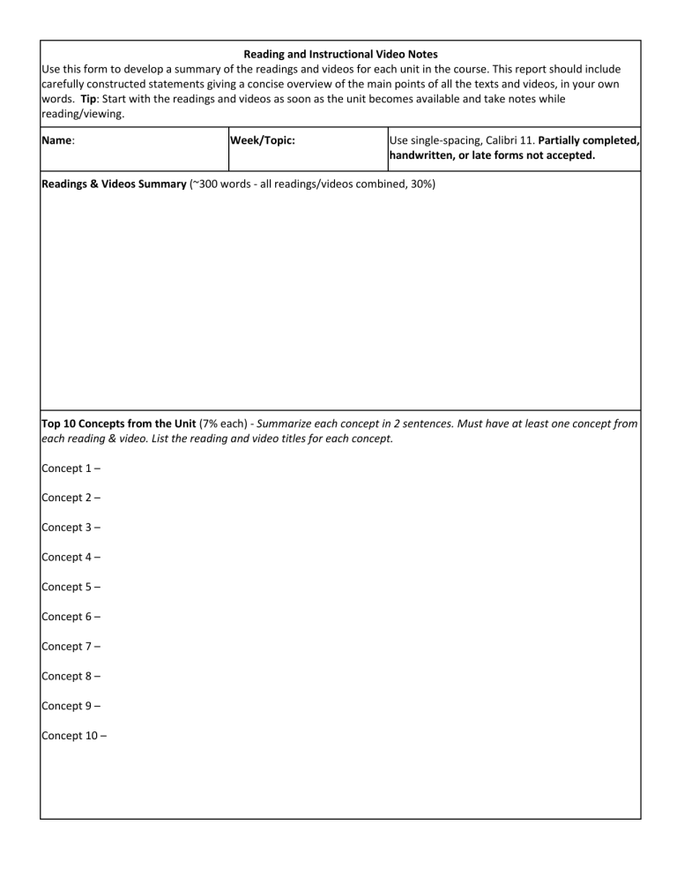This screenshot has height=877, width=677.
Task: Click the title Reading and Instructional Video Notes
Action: (x=339, y=54)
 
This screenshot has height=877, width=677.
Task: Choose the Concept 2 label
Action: (x=71, y=498)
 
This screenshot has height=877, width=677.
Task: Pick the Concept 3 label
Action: (x=71, y=528)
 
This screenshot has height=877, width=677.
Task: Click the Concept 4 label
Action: (x=71, y=557)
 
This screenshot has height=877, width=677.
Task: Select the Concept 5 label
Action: (x=71, y=587)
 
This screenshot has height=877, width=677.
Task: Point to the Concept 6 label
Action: (x=71, y=616)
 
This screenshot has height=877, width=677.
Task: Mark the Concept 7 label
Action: (x=71, y=646)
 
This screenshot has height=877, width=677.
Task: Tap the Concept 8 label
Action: (x=71, y=676)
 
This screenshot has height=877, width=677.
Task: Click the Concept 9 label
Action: (x=71, y=705)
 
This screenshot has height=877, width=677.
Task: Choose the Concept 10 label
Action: (x=74, y=735)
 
